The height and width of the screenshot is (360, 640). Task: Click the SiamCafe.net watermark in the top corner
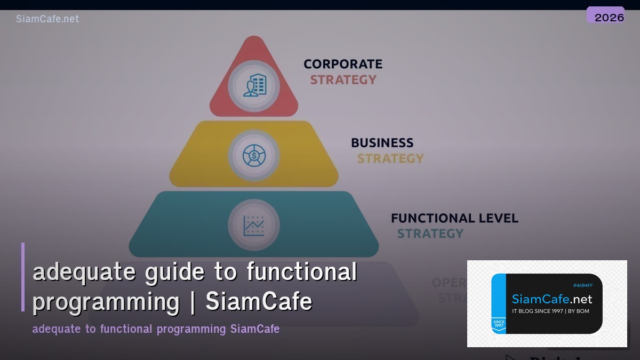[x=47, y=19]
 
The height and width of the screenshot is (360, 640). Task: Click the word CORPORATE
[x=343, y=64]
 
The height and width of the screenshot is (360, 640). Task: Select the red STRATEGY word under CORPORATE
[x=343, y=79]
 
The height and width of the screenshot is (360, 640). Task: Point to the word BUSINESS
[x=382, y=143]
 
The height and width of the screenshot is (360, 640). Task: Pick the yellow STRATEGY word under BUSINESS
[x=390, y=158]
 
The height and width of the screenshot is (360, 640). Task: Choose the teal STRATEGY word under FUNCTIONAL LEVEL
[x=430, y=234]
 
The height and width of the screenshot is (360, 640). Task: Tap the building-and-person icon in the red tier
[x=254, y=85]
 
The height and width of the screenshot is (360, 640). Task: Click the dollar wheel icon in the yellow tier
[x=254, y=155]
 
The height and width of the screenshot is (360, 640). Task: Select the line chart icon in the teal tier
[x=254, y=226]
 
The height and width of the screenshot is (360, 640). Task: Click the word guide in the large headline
[x=174, y=272]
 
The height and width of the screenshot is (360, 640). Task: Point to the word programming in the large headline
[x=106, y=302]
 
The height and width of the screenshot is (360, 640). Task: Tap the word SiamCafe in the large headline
[x=259, y=302]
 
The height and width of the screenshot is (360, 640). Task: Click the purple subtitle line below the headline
[x=156, y=329]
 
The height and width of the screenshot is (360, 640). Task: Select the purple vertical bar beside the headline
[x=23, y=277]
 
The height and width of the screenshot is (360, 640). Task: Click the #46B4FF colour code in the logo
[x=582, y=285]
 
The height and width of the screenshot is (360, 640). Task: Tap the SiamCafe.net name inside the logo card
[x=551, y=299]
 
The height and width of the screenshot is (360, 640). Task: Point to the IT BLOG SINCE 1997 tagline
[x=550, y=311]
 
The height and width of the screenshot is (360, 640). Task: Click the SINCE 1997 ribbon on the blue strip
[x=499, y=325]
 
